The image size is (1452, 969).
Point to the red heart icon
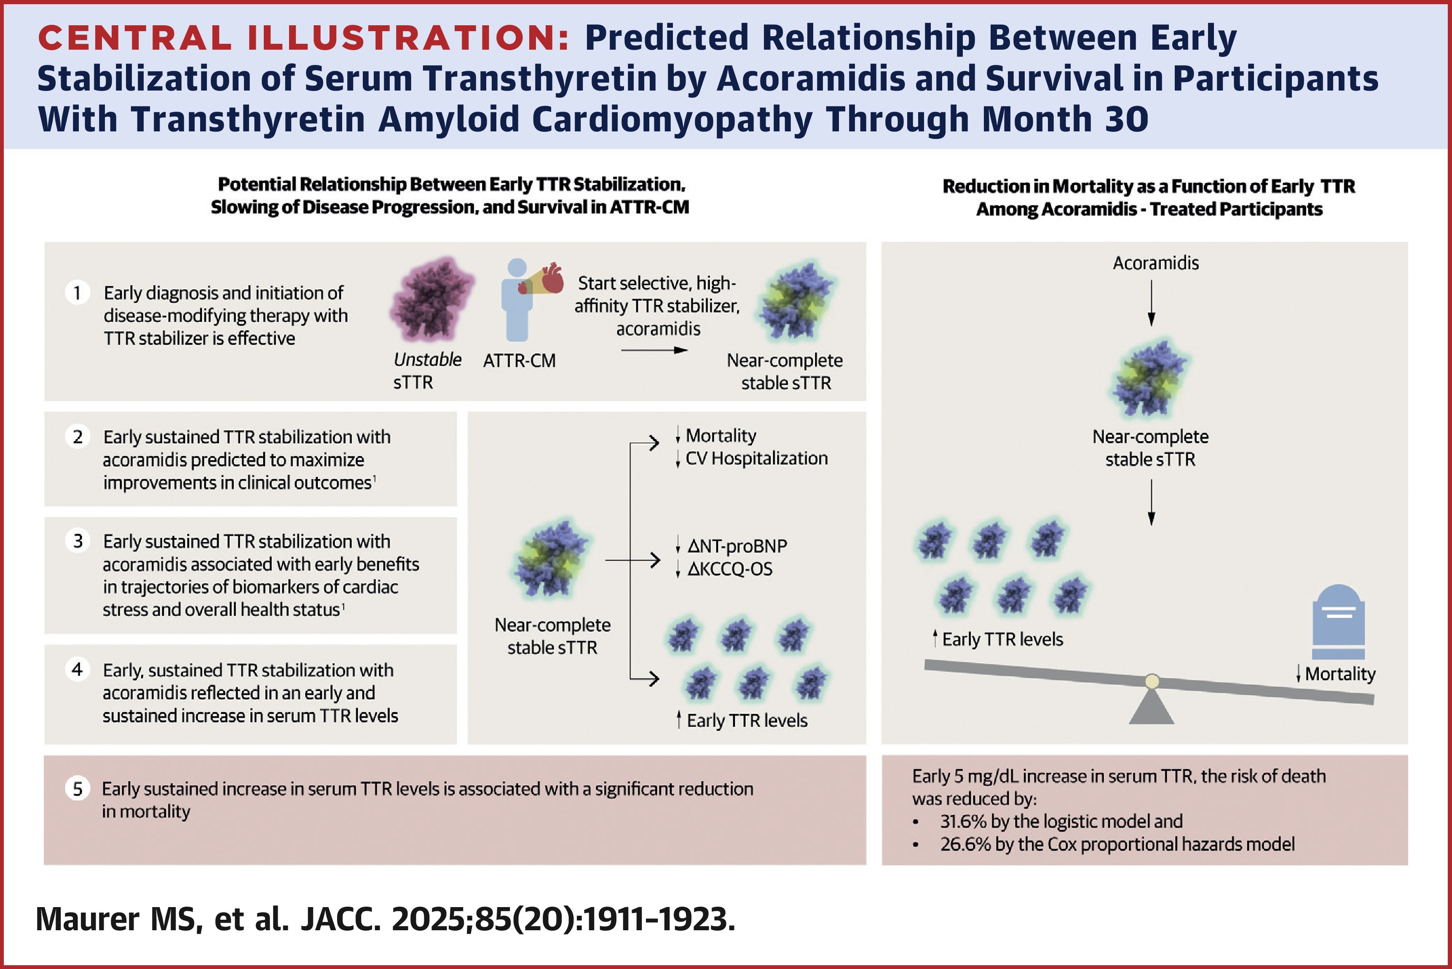click(x=552, y=279)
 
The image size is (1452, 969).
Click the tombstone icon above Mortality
click(x=1338, y=621)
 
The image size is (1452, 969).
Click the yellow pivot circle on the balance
click(x=1152, y=681)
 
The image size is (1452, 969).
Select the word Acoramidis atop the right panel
click(x=1155, y=263)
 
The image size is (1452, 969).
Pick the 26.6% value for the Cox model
click(x=965, y=844)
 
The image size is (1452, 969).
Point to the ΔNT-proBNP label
click(x=737, y=546)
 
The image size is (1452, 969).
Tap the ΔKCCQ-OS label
click(x=729, y=569)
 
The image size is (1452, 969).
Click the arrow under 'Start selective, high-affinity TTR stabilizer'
click(x=654, y=350)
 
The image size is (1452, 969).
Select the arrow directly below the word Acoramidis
click(x=1151, y=303)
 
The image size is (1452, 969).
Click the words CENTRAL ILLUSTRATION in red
click(x=303, y=38)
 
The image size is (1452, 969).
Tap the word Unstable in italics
click(x=427, y=360)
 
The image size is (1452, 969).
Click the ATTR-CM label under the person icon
click(x=519, y=361)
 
